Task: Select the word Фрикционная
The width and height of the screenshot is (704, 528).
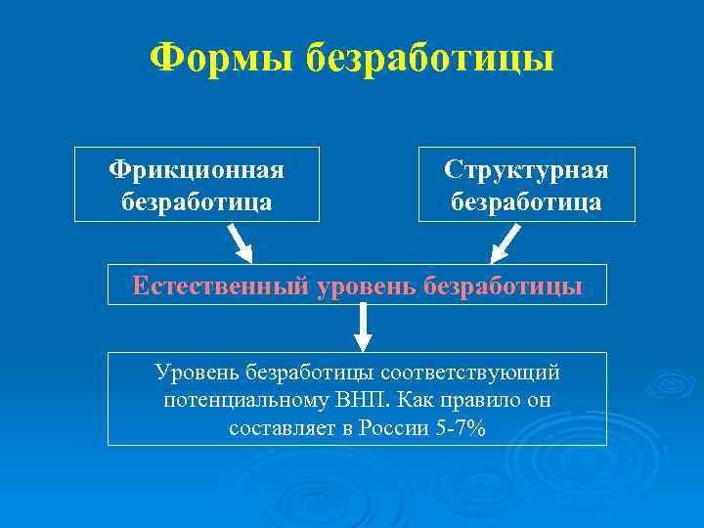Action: coord(197,170)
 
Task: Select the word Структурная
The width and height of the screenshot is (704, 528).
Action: coord(526,170)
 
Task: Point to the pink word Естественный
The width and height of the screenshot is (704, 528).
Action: coord(220,286)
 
